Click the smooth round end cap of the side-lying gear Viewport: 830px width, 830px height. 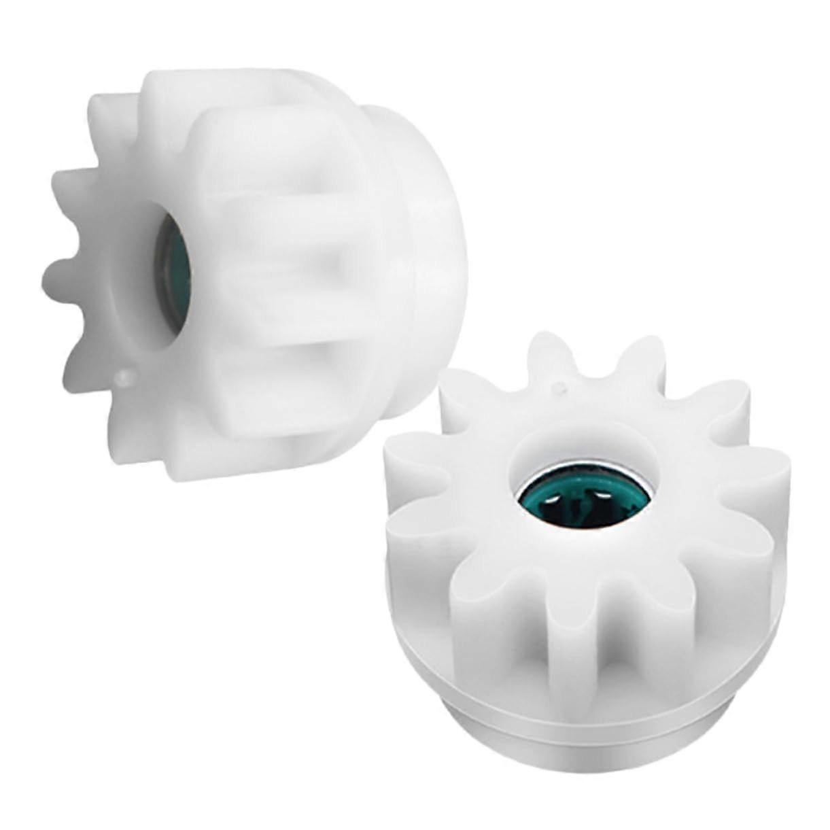click(x=435, y=258)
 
